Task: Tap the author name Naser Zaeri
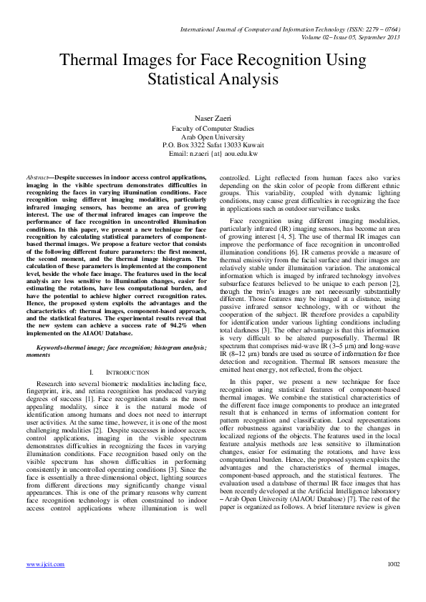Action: click(x=213, y=117)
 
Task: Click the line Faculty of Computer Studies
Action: click(x=213, y=128)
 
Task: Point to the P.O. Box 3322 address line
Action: click(x=213, y=144)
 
